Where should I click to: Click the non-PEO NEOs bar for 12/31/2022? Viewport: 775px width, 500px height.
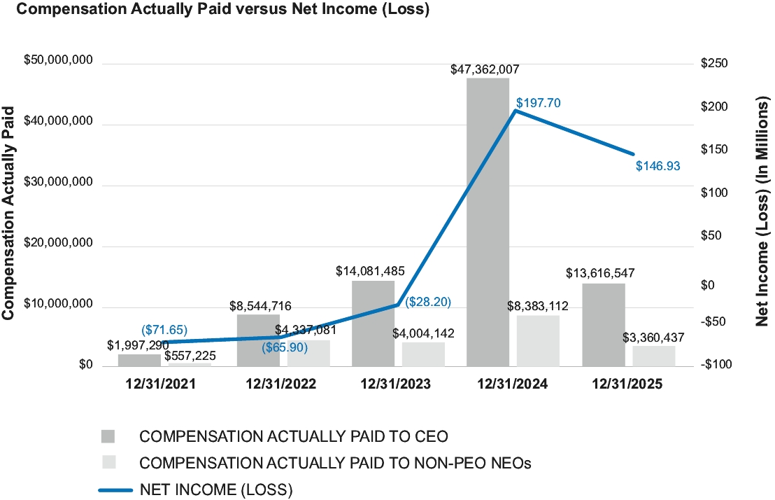(308, 353)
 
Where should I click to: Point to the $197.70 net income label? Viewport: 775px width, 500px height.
(539, 102)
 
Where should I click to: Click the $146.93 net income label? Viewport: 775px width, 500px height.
(657, 166)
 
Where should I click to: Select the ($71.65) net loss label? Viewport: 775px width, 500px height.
(164, 329)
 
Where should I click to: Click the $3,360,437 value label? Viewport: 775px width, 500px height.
(653, 338)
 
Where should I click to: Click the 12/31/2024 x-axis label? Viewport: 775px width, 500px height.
(513, 384)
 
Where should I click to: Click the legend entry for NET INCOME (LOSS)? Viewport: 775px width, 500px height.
(216, 488)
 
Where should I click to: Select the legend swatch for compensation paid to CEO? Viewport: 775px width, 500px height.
(108, 436)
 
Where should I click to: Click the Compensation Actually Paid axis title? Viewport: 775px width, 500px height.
(9, 213)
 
